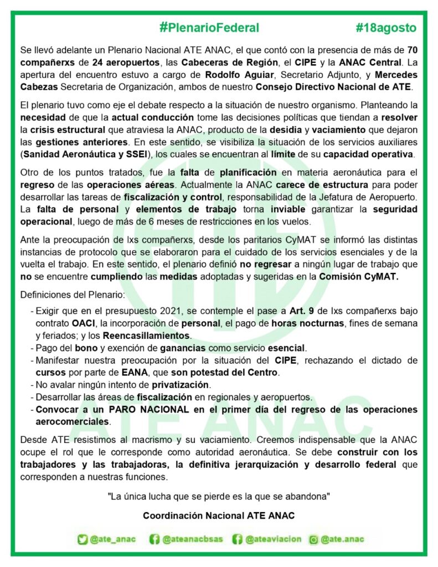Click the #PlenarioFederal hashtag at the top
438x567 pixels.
click(209, 27)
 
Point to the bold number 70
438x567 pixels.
click(413, 49)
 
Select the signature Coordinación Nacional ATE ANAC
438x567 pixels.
click(219, 515)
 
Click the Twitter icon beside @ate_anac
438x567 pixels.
click(83, 539)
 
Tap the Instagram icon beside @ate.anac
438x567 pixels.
click(313, 539)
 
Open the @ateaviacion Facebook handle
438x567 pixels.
click(273, 539)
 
